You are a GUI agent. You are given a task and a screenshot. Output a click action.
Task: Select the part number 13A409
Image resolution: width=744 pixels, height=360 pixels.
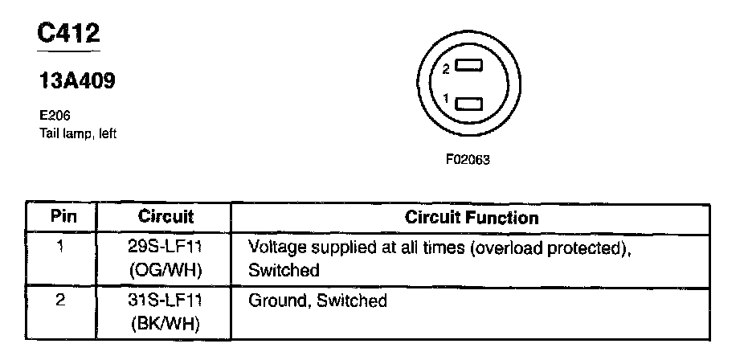(76, 81)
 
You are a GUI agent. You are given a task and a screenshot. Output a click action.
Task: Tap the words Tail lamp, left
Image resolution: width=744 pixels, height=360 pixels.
(78, 133)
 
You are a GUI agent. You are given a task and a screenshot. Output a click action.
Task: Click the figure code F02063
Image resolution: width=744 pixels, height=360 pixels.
(468, 159)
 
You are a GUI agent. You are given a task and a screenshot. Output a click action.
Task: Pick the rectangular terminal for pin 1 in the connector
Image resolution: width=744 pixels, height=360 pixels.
(468, 101)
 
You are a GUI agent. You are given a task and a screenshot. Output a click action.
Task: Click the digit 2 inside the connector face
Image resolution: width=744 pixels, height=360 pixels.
(447, 69)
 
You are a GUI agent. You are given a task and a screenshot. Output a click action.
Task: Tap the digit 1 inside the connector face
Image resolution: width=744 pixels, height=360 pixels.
(447, 98)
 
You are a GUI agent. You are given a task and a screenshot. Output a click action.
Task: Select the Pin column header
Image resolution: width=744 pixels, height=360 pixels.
(63, 217)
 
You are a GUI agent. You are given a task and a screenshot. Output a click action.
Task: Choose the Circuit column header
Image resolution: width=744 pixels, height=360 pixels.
(166, 217)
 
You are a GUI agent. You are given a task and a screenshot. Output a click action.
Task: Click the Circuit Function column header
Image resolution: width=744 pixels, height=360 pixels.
(471, 217)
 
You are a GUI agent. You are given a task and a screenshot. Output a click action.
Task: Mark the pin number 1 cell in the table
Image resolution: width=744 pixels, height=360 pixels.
(61, 247)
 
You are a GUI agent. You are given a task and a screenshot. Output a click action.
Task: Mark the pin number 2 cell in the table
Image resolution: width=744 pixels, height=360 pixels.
(61, 301)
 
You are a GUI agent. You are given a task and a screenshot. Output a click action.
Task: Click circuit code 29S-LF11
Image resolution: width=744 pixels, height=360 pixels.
(166, 247)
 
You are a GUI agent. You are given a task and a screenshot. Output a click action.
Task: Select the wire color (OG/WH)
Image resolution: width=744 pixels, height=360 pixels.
(166, 270)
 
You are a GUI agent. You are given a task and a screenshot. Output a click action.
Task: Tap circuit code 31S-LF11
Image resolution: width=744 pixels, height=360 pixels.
(166, 301)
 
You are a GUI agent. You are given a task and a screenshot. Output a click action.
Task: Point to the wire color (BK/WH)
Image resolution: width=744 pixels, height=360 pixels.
(166, 325)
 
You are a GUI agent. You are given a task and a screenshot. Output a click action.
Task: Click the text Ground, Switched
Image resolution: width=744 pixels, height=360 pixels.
(317, 301)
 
